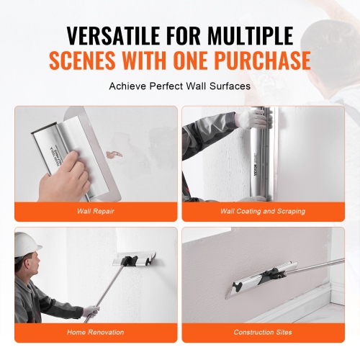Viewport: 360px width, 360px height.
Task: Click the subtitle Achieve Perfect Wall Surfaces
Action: [180, 86]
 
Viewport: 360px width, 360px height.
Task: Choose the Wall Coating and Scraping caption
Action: [264, 212]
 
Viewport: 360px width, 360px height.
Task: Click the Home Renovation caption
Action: [96, 332]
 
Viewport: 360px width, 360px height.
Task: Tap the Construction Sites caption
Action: [264, 332]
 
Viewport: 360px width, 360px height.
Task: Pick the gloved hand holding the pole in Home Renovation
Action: [90, 311]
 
